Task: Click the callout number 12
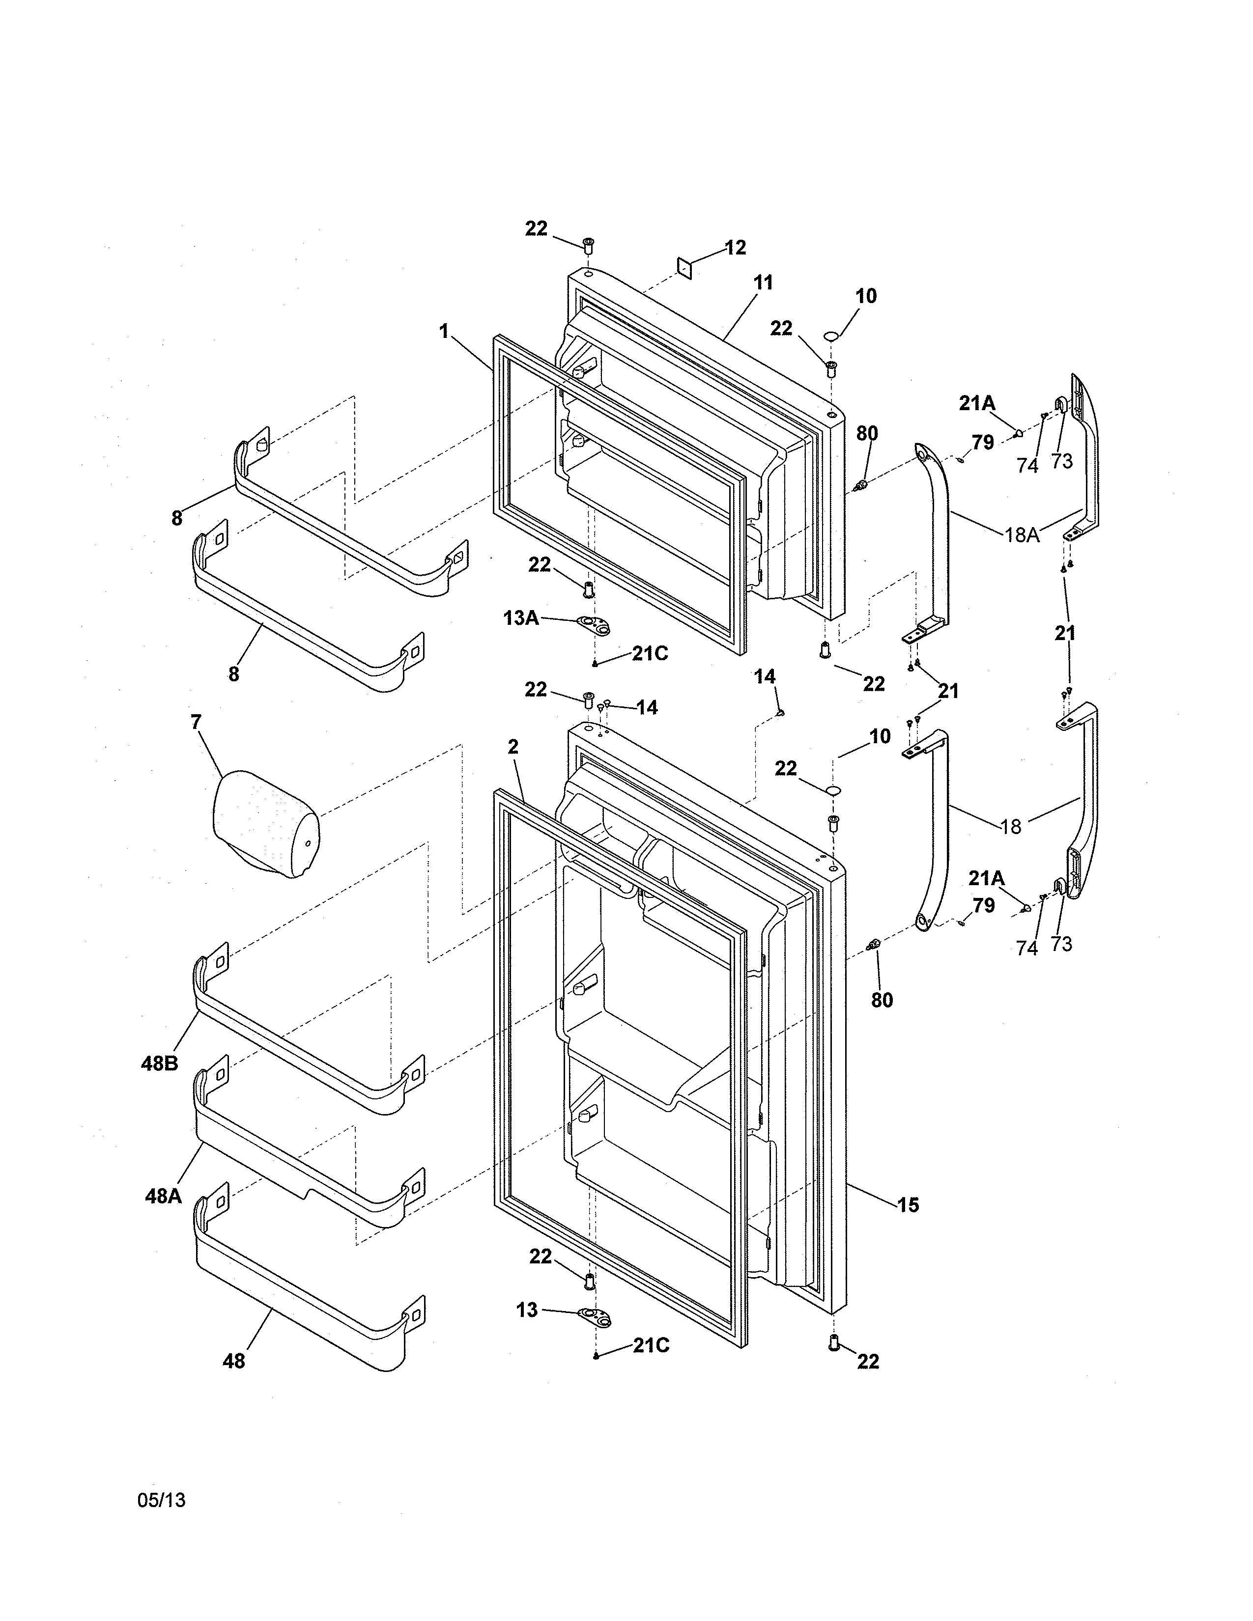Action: coord(735,248)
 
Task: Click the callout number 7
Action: coord(196,722)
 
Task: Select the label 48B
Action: coord(160,1063)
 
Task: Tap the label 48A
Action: coord(163,1197)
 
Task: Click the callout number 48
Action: coord(234,1361)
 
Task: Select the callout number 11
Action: coord(763,283)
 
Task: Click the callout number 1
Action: coord(444,331)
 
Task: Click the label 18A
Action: coord(1022,534)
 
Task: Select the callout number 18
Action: coord(1011,826)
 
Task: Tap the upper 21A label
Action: coord(977,404)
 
